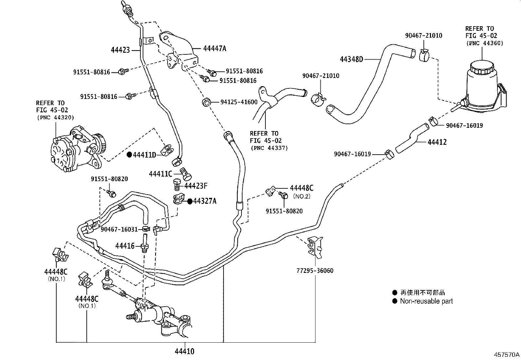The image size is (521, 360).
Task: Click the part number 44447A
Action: point(215,48)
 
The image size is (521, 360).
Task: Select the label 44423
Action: point(120,50)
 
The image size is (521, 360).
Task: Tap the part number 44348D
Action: point(351,59)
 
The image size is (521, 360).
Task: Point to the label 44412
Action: point(437,142)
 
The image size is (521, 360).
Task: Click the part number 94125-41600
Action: point(239,102)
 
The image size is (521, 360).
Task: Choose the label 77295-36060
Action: point(315,271)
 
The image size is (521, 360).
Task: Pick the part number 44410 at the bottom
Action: point(185,351)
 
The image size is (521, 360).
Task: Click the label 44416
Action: point(125,245)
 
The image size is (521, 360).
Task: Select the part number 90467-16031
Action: point(119,229)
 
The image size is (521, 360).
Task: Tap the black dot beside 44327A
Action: point(190,201)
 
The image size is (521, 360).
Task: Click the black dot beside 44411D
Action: point(129,155)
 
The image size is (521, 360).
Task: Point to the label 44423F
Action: point(196,186)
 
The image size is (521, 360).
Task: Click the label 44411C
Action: point(160,174)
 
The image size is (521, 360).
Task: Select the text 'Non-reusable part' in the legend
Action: point(426,301)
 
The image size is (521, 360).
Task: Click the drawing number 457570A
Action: point(507,354)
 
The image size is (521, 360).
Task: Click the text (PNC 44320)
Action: point(55,117)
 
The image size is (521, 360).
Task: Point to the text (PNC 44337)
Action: point(269,148)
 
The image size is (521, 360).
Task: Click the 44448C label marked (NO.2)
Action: point(301,188)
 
